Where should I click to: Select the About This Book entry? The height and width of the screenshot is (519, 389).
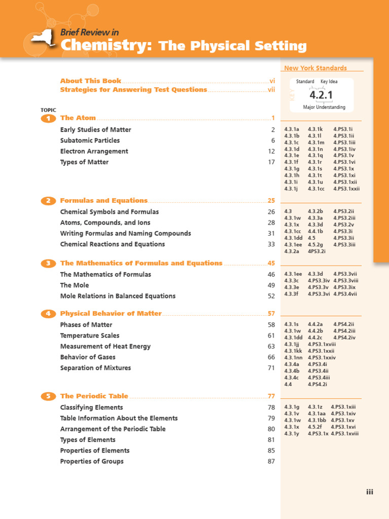click(x=91, y=81)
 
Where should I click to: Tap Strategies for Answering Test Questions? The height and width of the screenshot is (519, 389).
click(x=133, y=90)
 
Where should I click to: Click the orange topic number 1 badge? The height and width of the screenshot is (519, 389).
click(x=48, y=118)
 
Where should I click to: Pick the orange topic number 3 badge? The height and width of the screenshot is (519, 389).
click(x=48, y=263)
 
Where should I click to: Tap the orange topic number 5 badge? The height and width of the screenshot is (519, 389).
click(x=48, y=396)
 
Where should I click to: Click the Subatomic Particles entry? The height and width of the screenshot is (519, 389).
click(x=90, y=140)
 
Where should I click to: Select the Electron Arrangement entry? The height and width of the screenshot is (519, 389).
click(x=94, y=151)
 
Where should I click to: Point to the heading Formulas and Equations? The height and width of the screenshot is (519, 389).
click(x=104, y=201)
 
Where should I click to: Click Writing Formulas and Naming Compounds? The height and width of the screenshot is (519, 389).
click(x=126, y=234)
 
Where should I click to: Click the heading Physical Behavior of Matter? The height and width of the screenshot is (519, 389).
click(x=111, y=313)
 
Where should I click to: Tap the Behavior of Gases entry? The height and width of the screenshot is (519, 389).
click(x=88, y=357)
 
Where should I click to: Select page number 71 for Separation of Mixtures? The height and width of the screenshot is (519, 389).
click(x=271, y=368)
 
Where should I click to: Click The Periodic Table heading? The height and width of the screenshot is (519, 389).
click(x=94, y=396)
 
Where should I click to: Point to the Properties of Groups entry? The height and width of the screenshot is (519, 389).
click(x=92, y=461)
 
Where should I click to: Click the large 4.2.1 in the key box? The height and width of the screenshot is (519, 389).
click(x=321, y=95)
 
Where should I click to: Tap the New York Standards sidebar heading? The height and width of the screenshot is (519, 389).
click(x=316, y=68)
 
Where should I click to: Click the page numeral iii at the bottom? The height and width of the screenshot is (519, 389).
click(x=369, y=492)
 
